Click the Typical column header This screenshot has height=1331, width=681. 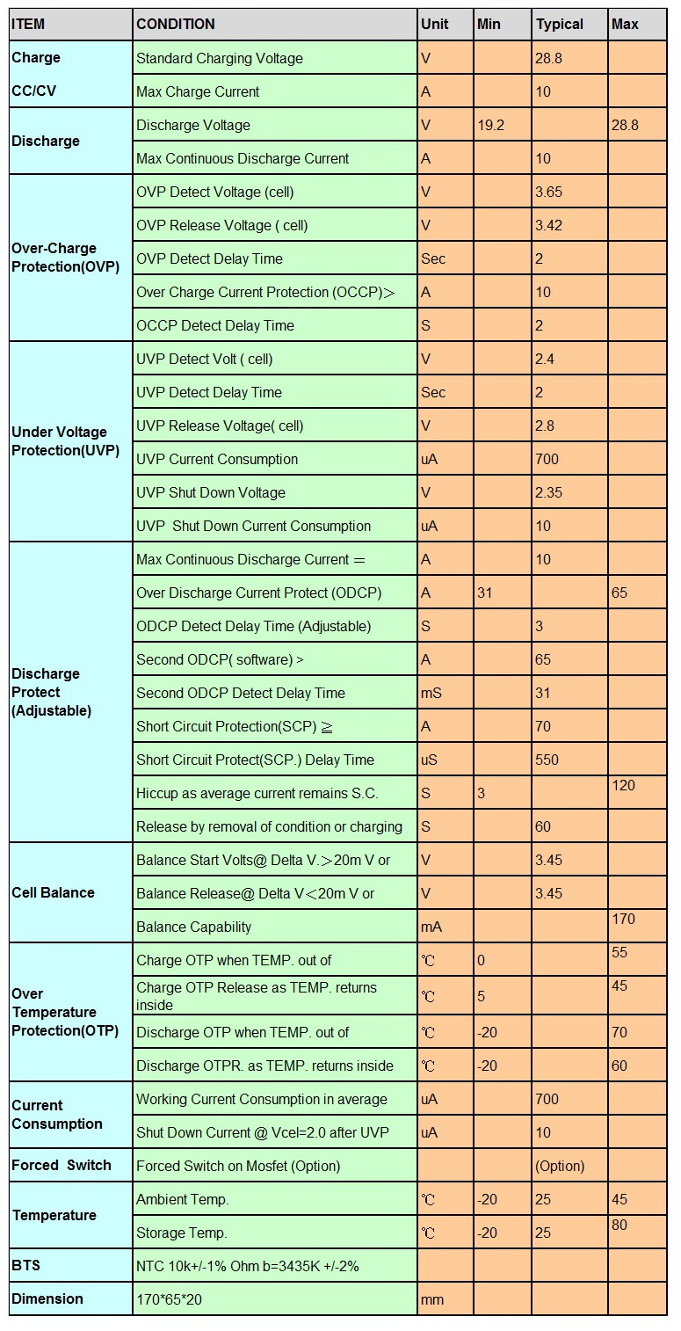[559, 25]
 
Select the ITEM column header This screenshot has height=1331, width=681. [28, 25]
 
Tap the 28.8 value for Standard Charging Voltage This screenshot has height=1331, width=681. [548, 58]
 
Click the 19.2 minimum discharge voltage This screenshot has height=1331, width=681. [490, 126]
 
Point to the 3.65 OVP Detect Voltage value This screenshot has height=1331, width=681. [548, 192]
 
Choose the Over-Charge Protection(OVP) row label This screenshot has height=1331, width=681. [65, 258]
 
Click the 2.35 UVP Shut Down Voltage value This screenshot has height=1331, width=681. [548, 492]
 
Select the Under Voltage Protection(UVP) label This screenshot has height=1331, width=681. [65, 441]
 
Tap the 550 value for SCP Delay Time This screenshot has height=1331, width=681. [547, 760]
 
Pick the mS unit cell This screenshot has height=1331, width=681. [431, 693]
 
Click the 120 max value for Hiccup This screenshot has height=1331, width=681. [623, 786]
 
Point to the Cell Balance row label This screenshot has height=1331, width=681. [53, 892]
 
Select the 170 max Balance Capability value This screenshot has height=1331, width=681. [623, 920]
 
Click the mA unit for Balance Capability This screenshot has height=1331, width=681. [431, 927]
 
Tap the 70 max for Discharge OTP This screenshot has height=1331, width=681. [619, 1032]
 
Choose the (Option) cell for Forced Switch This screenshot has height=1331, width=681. [559, 1166]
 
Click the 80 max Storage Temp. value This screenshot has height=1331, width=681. [619, 1225]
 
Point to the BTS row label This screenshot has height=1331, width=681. [25, 1265]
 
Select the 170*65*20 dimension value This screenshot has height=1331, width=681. [169, 1299]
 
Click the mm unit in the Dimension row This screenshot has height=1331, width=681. [432, 1300]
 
